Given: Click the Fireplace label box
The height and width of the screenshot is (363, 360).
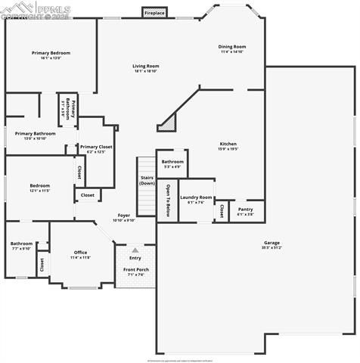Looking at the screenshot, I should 155,13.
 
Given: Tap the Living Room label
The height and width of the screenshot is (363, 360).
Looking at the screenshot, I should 146,66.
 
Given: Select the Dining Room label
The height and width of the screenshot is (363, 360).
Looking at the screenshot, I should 232,46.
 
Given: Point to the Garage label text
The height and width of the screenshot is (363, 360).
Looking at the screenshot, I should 272,243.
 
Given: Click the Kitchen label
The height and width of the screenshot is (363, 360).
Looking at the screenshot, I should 228,144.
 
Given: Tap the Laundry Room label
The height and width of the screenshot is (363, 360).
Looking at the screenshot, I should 195,197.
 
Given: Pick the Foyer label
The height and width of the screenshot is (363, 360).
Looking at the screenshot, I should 123,215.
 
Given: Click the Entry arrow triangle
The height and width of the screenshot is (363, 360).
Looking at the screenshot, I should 135,250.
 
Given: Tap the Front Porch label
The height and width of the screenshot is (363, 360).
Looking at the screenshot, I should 135,270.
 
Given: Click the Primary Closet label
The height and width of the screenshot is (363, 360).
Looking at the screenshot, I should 96,147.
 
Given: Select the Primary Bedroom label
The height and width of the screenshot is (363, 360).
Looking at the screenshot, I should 51,53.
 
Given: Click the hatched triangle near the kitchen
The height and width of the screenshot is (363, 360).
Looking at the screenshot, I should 169,124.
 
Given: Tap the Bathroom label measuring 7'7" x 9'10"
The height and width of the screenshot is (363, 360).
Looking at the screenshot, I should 21,244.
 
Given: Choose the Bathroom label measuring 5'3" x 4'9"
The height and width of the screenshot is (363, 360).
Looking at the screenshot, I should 172,161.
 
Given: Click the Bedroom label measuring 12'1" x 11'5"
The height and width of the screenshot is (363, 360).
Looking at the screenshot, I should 40,185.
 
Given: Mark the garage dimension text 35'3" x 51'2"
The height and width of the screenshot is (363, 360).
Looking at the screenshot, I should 272,248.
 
